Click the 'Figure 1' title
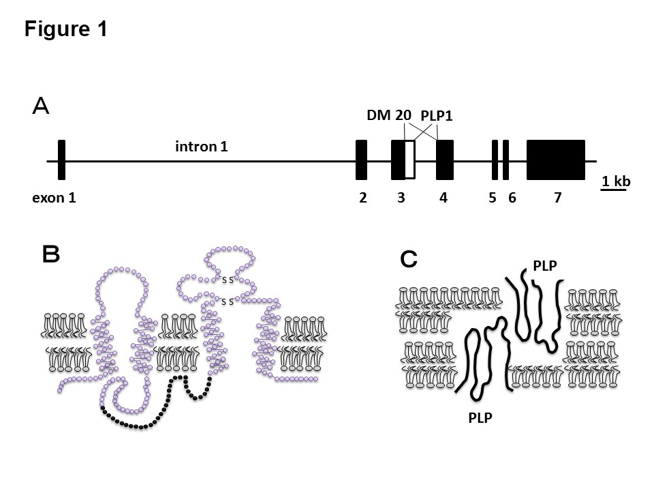(65, 30)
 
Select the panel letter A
(41, 107)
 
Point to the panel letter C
(408, 259)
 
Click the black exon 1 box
(61, 160)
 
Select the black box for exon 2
(362, 160)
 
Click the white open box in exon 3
(409, 160)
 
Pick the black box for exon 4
(445, 160)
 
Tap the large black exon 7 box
(556, 160)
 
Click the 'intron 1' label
(202, 146)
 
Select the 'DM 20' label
(389, 115)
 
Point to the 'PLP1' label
(437, 117)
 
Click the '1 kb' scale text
(616, 181)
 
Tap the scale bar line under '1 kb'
(614, 190)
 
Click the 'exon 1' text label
(54, 198)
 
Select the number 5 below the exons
(492, 198)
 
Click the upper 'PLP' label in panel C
(546, 266)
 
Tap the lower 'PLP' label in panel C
(481, 418)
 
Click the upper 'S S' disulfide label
(228, 280)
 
